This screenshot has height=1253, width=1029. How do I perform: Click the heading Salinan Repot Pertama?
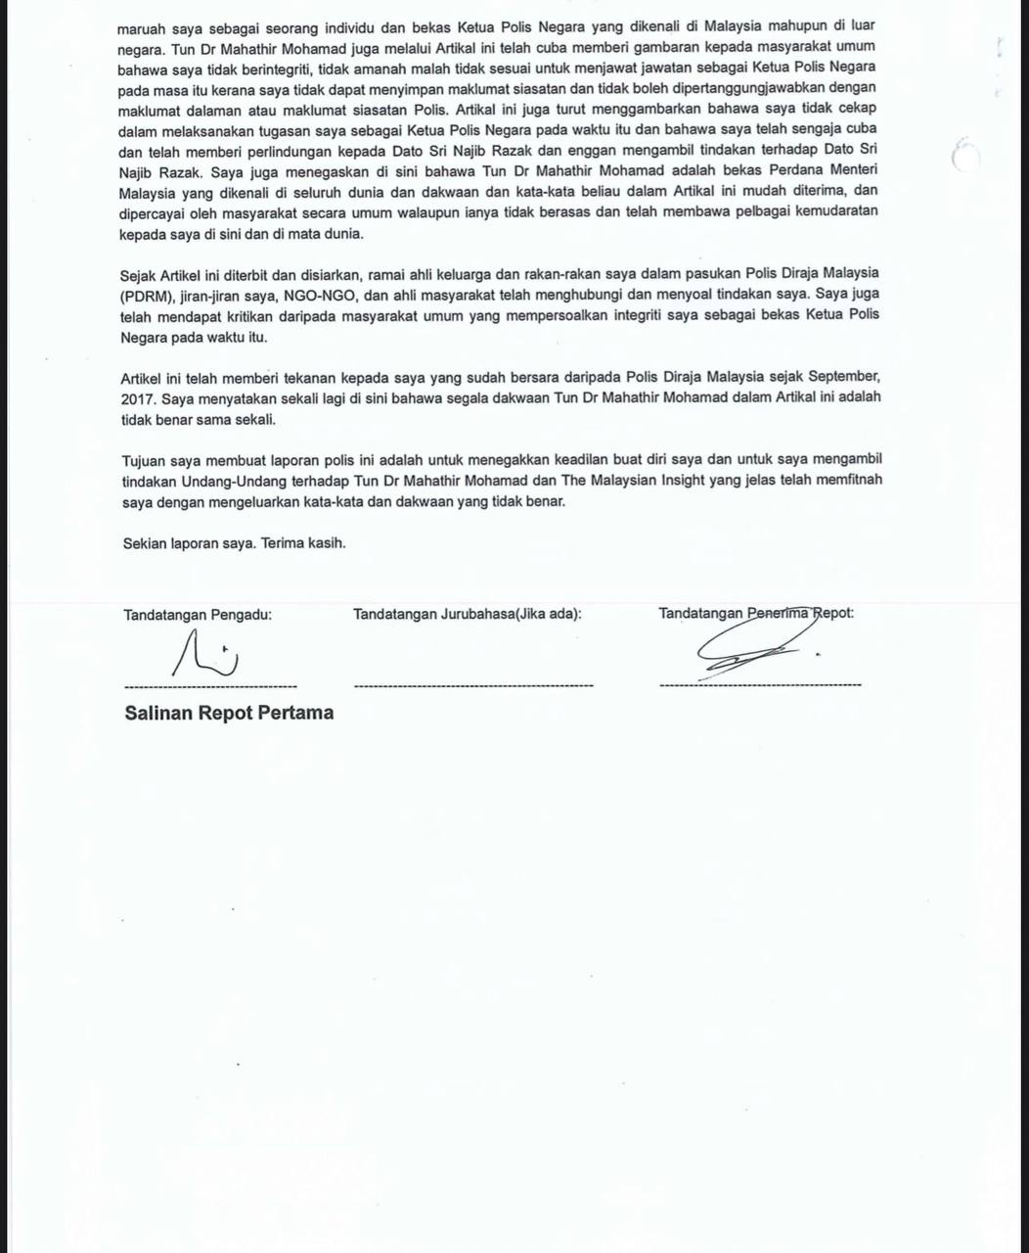pos(229,713)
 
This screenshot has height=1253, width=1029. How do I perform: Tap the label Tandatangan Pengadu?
pos(198,615)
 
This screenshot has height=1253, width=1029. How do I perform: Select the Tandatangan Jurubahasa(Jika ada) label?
pos(467,615)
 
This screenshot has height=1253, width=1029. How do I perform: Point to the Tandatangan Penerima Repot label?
pos(755,614)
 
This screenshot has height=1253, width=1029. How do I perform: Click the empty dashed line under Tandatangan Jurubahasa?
pos(472,685)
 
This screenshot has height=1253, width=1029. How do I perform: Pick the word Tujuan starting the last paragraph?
pos(144,459)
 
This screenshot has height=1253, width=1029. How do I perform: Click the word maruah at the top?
pos(143,26)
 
